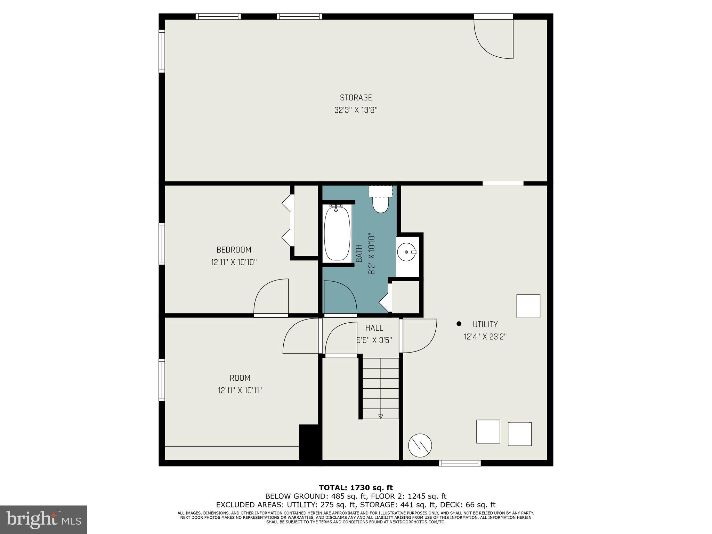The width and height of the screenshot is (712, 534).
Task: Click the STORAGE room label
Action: point(356,98)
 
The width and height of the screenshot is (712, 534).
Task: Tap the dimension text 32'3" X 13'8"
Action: point(356,110)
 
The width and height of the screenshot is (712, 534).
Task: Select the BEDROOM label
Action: point(234,250)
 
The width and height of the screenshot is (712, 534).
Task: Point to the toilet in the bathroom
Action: point(380,204)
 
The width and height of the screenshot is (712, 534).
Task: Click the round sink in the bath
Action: point(406,251)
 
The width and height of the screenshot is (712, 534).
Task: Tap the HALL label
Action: point(374,328)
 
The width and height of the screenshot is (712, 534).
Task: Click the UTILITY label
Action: point(485,324)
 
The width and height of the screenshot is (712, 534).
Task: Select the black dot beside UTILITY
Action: point(459,324)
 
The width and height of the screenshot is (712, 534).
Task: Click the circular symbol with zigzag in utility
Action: point(420,445)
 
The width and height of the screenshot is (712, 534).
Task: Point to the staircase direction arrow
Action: point(380,416)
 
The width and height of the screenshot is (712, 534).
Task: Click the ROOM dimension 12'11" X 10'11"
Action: point(240,390)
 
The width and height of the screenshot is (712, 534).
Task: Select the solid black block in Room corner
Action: point(309,442)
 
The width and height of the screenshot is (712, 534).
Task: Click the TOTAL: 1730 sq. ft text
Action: point(356,488)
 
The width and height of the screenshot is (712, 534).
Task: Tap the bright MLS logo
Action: point(43,520)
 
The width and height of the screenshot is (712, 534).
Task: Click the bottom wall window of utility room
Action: point(460,463)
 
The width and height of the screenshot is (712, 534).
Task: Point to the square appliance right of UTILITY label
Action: point(528,306)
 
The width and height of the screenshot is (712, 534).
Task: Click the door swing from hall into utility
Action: point(419,335)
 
